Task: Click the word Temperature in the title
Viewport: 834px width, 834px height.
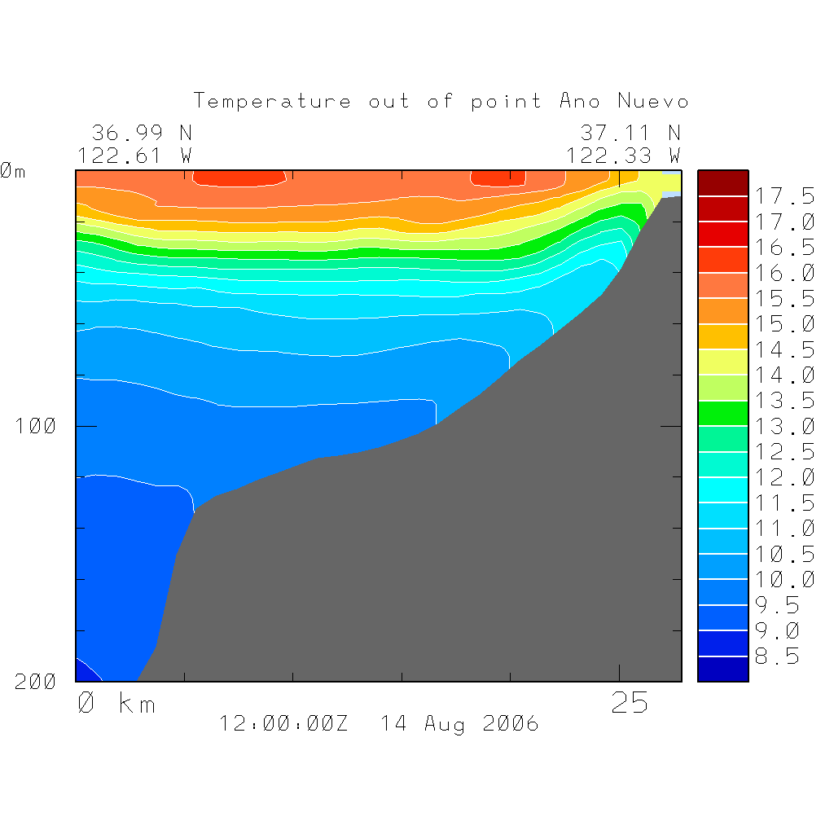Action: [x=273, y=101]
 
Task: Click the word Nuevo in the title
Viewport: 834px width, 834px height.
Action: [x=653, y=101]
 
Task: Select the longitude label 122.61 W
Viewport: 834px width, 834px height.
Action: [x=134, y=155]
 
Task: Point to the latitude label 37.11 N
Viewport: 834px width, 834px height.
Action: [x=630, y=132]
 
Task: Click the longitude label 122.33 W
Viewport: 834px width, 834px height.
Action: [x=623, y=155]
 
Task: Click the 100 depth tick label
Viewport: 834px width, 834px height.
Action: [x=37, y=425]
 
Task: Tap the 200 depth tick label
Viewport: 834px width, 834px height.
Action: [x=37, y=682]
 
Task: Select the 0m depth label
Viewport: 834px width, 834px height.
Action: [x=11, y=171]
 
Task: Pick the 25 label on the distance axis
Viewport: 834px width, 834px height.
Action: [x=630, y=703]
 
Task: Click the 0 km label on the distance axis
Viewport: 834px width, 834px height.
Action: [x=116, y=703]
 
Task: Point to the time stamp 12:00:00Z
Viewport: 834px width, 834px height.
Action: [x=283, y=723]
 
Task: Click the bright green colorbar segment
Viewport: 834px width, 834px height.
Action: [x=722, y=413]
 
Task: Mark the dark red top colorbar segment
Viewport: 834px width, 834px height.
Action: [x=722, y=183]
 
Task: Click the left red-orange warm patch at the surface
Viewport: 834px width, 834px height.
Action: [x=239, y=177]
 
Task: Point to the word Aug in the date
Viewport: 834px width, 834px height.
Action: [x=444, y=723]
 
